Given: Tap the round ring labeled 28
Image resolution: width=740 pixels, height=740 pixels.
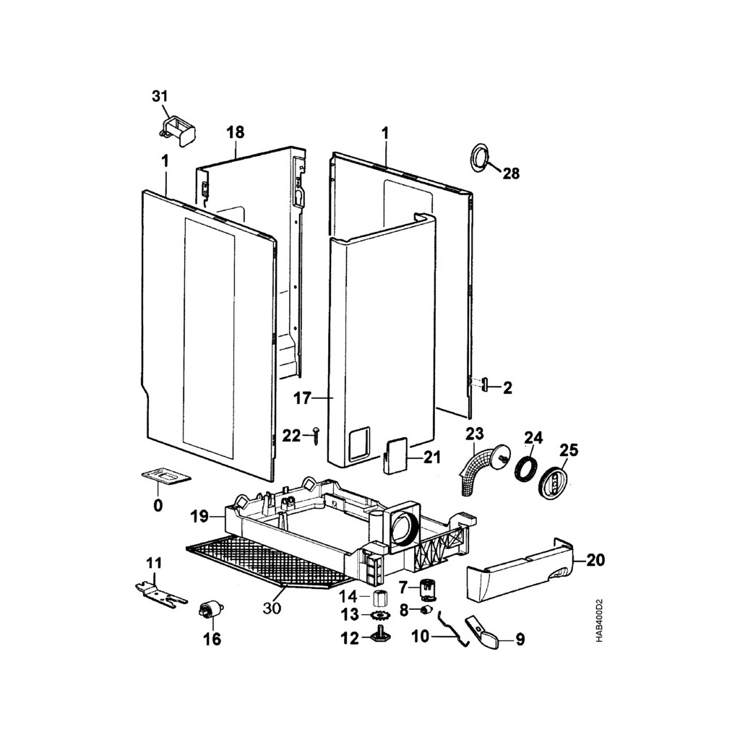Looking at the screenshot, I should click(478, 158).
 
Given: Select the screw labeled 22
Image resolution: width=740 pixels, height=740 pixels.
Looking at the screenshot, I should click(316, 436).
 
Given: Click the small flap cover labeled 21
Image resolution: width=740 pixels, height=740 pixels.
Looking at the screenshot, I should click(395, 457).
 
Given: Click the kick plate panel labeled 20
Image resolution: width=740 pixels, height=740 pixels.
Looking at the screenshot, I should click(519, 573).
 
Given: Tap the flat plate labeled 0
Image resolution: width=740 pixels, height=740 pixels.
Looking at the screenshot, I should click(165, 476).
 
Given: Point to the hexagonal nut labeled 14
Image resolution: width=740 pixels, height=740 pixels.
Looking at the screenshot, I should click(381, 598).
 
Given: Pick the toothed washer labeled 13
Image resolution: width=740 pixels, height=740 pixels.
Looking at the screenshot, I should click(380, 616).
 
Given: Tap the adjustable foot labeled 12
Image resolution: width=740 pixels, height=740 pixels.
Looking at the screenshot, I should click(381, 637).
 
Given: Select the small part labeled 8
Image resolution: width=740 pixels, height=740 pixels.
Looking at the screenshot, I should click(426, 611).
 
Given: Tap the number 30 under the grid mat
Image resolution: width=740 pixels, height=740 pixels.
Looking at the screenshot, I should click(272, 608).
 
